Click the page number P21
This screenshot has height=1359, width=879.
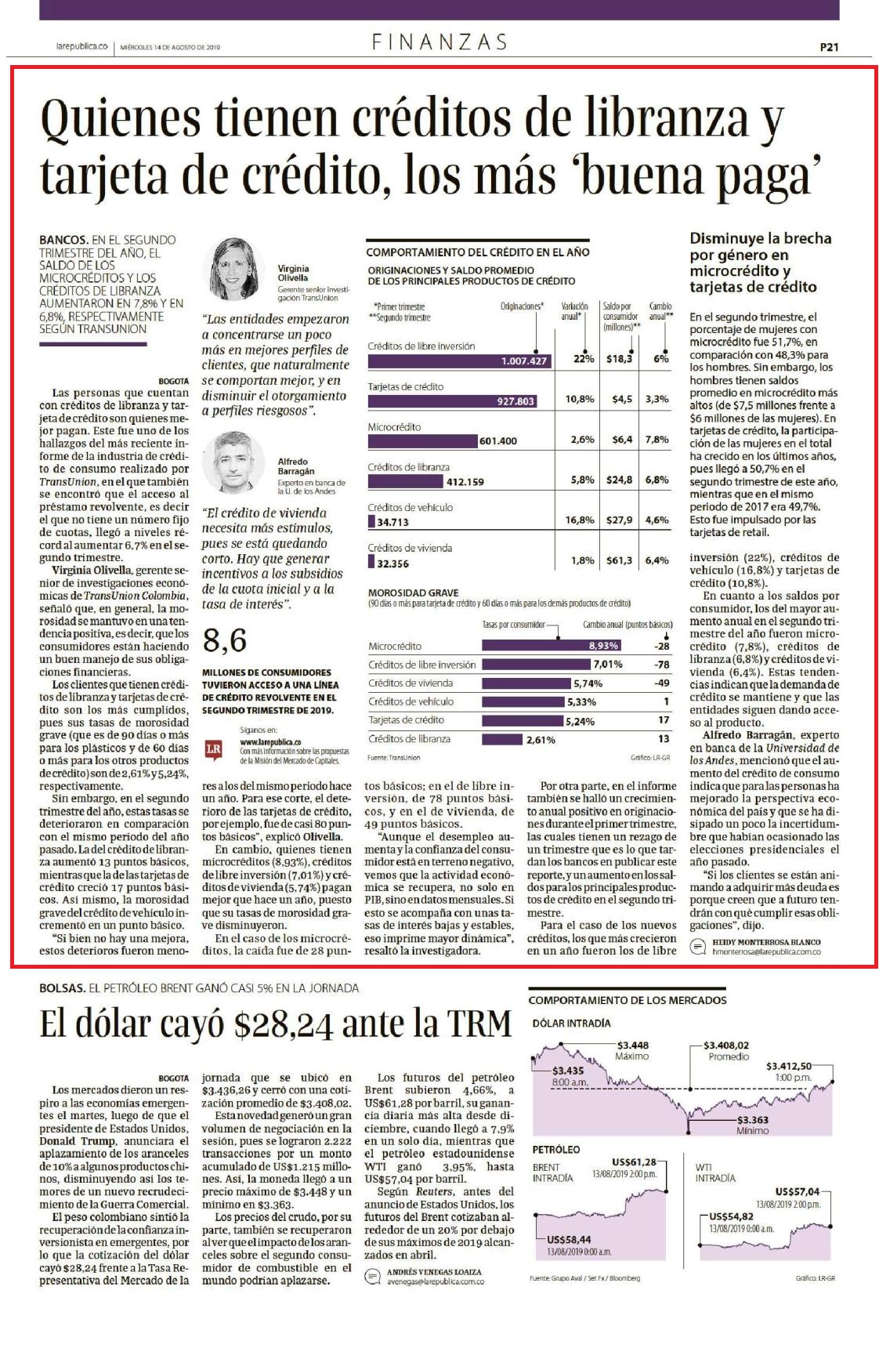click(x=829, y=47)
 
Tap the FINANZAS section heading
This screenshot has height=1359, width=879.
click(x=439, y=42)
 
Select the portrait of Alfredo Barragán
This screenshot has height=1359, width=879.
click(x=233, y=462)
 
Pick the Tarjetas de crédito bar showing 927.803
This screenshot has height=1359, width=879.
click(x=452, y=400)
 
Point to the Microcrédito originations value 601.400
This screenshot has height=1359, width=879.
click(x=498, y=440)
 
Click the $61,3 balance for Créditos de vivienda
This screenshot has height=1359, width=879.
click(x=619, y=560)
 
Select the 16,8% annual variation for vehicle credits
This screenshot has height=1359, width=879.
click(x=580, y=520)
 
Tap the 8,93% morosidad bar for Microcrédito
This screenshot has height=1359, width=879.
click(x=552, y=646)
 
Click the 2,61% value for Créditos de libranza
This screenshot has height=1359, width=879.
click(x=541, y=739)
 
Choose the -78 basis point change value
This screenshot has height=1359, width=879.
click(x=662, y=665)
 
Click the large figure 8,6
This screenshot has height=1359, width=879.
click(x=225, y=640)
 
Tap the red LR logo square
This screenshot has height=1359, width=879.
click(x=213, y=749)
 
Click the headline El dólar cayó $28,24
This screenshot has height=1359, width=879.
click(x=275, y=1024)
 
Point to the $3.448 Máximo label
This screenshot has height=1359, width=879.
click(x=632, y=1050)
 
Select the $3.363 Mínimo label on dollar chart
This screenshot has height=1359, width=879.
click(x=752, y=1125)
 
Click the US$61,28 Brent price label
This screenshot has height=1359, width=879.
click(x=634, y=1161)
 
